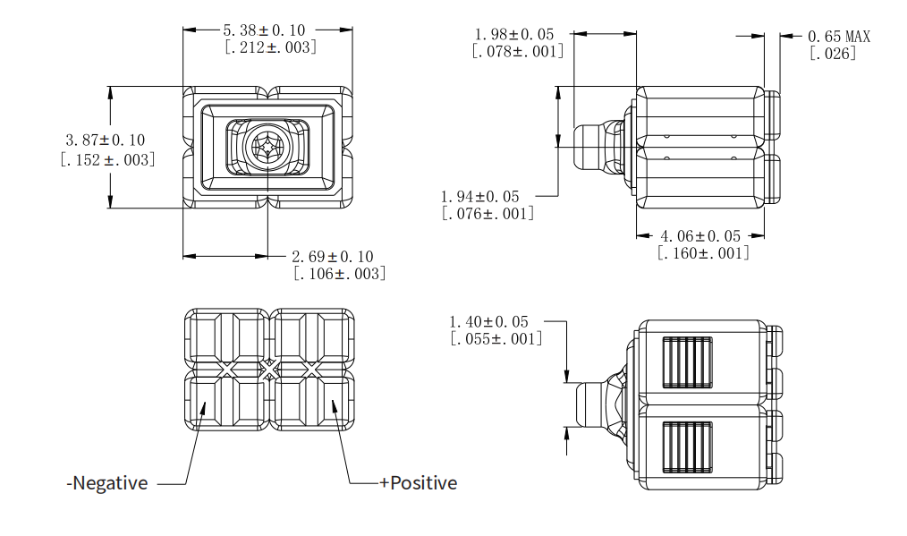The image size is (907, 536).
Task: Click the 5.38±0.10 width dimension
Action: click(270, 30)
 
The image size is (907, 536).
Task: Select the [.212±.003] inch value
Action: click(270, 47)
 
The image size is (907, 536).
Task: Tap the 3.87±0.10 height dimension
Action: click(106, 140)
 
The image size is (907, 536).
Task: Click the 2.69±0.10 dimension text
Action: click(333, 257)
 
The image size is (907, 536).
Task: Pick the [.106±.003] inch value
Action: click(340, 274)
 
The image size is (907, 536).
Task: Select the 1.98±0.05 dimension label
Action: click(514, 34)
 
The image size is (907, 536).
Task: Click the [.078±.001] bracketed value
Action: click(518, 51)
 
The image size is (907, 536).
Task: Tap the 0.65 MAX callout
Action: click(838, 37)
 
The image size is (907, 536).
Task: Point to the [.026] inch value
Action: click(833, 54)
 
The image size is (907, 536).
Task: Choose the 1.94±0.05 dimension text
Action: click(479, 196)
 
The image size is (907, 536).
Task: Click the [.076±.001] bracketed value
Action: click(488, 214)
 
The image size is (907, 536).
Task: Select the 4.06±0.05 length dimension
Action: click(700, 236)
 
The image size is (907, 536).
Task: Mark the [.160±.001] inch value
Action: click(703, 253)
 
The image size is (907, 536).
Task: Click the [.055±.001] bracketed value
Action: click(496, 338)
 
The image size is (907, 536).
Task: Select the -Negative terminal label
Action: click(107, 483)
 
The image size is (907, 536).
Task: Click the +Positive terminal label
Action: click(418, 483)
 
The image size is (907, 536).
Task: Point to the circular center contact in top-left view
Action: click(268, 147)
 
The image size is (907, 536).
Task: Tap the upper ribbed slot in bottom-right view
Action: click(687, 362)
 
